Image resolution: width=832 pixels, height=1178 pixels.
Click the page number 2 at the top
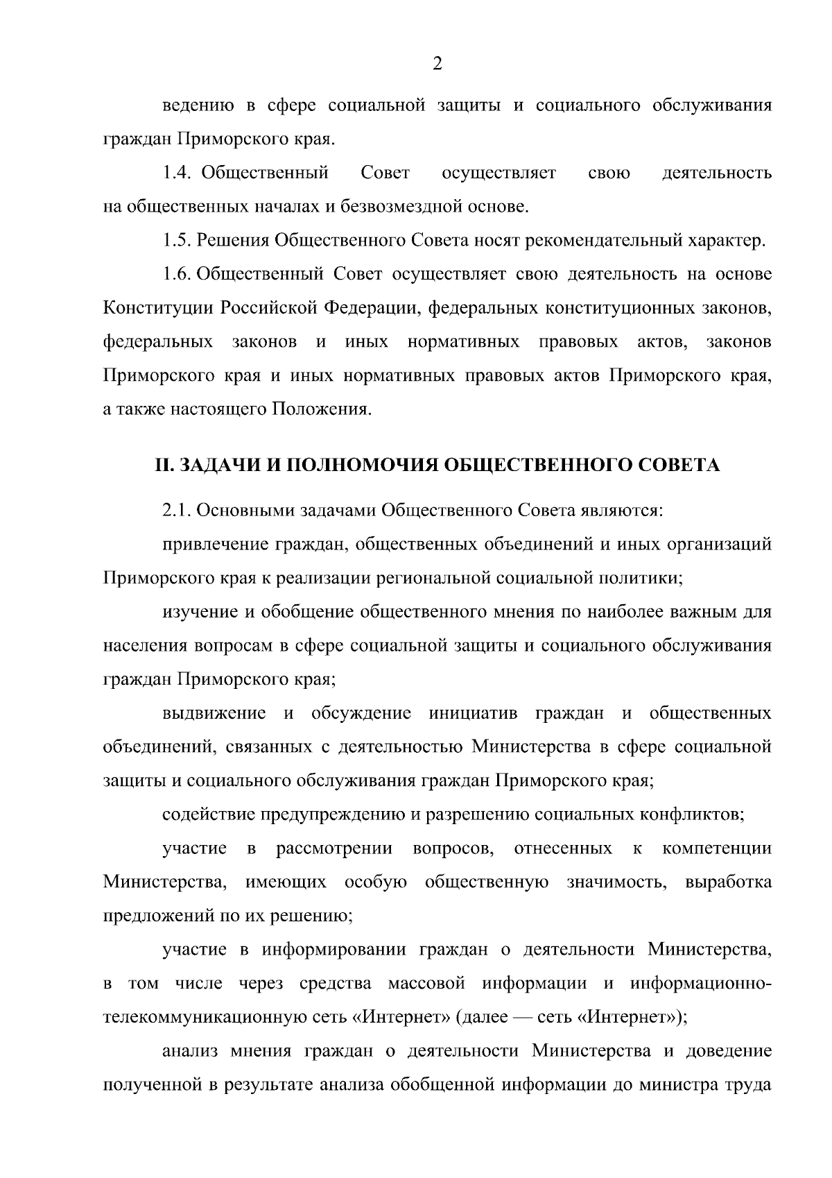point(436,65)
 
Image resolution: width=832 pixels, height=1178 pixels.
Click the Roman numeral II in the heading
point(163,465)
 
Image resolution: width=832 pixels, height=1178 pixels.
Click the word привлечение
point(207,545)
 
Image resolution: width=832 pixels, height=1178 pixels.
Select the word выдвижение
point(214,713)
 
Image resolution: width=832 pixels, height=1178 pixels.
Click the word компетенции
point(716,848)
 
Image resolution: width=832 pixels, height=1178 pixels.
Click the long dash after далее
point(525,1018)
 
